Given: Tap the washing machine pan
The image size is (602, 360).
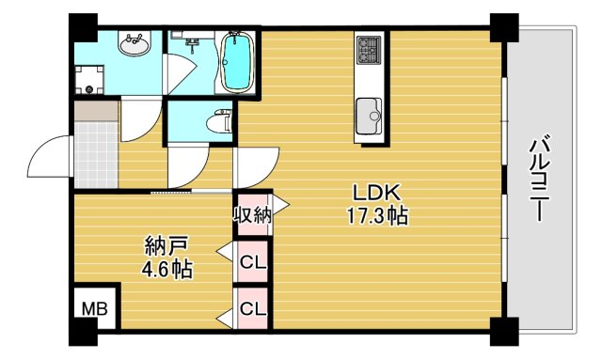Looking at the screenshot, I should (92, 77).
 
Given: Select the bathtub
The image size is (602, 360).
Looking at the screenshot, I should (236, 62).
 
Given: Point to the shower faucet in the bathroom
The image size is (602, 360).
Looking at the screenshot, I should (189, 41).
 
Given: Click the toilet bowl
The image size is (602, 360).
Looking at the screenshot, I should (219, 121).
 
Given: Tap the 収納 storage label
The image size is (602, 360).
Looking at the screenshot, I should (252, 214).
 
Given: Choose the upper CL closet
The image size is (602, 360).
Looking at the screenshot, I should (252, 262).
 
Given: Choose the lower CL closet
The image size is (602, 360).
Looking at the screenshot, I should (252, 308).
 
